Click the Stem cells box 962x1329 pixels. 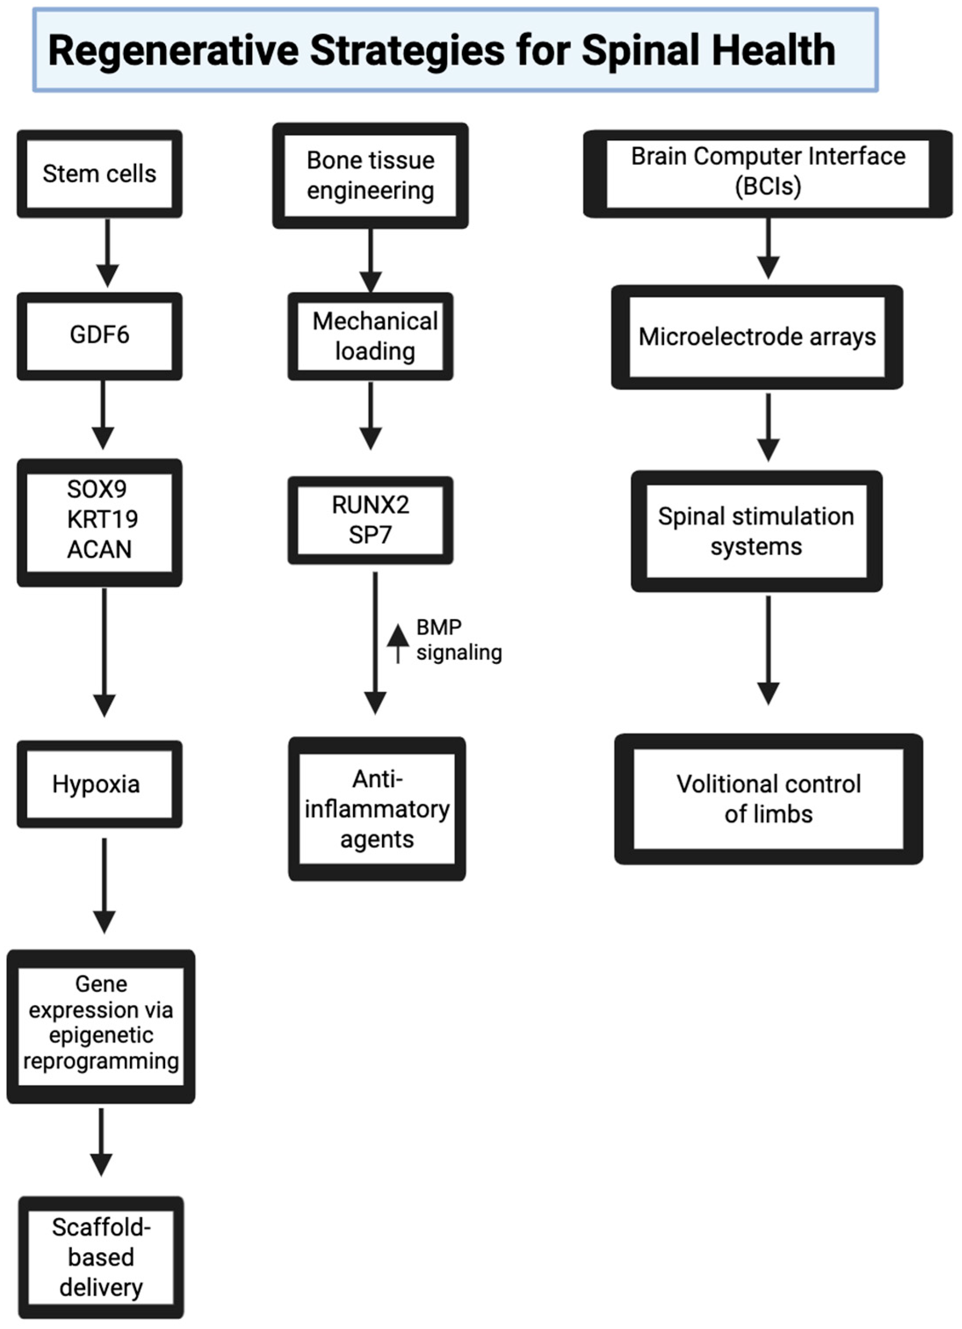pyautogui.click(x=99, y=174)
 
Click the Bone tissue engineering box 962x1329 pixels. pyautogui.click(x=370, y=175)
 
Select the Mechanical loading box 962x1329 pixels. pyautogui.click(x=370, y=336)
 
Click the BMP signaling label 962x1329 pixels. pyautogui.click(x=458, y=640)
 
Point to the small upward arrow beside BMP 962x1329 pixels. pyautogui.click(x=398, y=643)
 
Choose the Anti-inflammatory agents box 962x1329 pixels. pyautogui.click(x=377, y=809)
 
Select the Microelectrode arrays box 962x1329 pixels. pyautogui.click(x=757, y=337)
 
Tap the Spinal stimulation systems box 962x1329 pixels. pyautogui.click(x=757, y=531)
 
